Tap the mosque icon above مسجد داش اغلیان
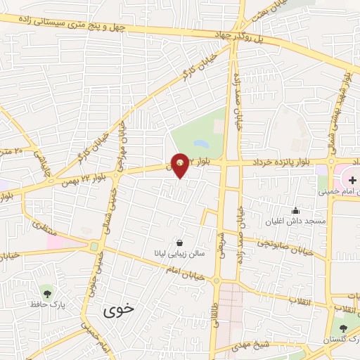(295, 210)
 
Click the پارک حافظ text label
(47, 305)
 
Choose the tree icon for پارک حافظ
(47, 292)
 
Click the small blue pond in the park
(201, 144)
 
